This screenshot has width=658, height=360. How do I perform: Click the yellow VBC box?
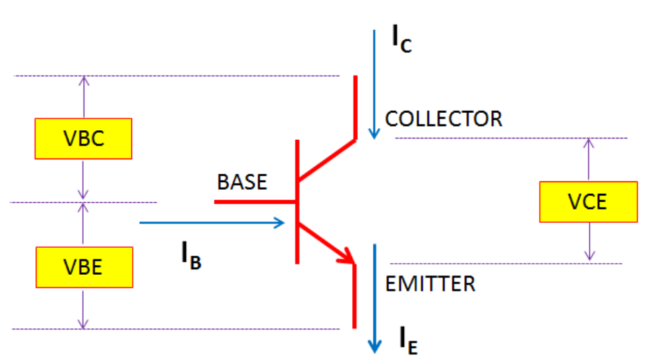pos(84,138)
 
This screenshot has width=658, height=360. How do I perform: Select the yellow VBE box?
pos(84,267)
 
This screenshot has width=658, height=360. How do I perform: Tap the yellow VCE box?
pos(588,201)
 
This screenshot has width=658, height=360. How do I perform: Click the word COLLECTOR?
pos(444,119)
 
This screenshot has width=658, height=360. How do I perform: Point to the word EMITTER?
pos(430,283)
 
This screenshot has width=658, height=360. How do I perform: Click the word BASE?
pos(241,182)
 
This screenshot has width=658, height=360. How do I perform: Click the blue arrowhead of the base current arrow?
pos(280,222)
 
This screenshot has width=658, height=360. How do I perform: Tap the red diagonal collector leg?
pos(326,161)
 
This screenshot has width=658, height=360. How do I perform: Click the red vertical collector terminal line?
pos(356,107)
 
